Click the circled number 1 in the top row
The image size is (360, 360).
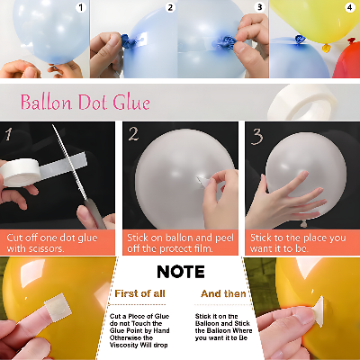(81, 7)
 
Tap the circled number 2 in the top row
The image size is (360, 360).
(170, 7)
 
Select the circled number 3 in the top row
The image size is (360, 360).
(260, 7)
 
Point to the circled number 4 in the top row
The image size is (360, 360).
(349, 7)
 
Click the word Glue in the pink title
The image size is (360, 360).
(131, 102)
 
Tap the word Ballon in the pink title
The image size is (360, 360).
(46, 102)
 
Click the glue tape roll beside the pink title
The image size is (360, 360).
(302, 102)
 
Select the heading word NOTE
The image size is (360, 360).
(181, 272)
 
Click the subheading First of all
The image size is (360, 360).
(139, 293)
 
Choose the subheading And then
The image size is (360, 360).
(223, 293)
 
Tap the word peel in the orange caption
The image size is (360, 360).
(224, 238)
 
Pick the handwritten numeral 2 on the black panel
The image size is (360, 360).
(133, 134)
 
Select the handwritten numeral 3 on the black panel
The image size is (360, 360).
(256, 137)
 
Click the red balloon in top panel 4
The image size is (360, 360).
(346, 60)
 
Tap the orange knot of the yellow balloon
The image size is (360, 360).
(327, 48)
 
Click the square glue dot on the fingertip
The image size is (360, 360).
(58, 306)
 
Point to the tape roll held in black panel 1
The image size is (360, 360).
(20, 172)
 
